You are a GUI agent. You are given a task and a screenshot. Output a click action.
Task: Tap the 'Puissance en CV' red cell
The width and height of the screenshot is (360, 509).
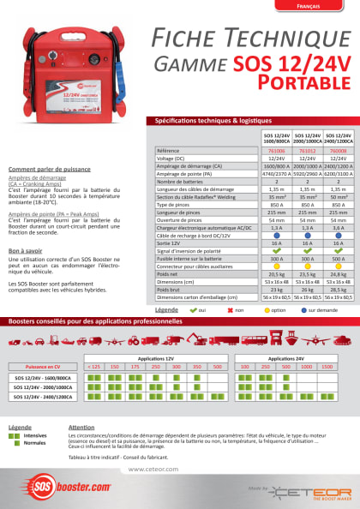tap(41, 366)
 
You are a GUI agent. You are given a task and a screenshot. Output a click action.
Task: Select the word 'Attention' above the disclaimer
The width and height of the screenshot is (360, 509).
tap(81, 427)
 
